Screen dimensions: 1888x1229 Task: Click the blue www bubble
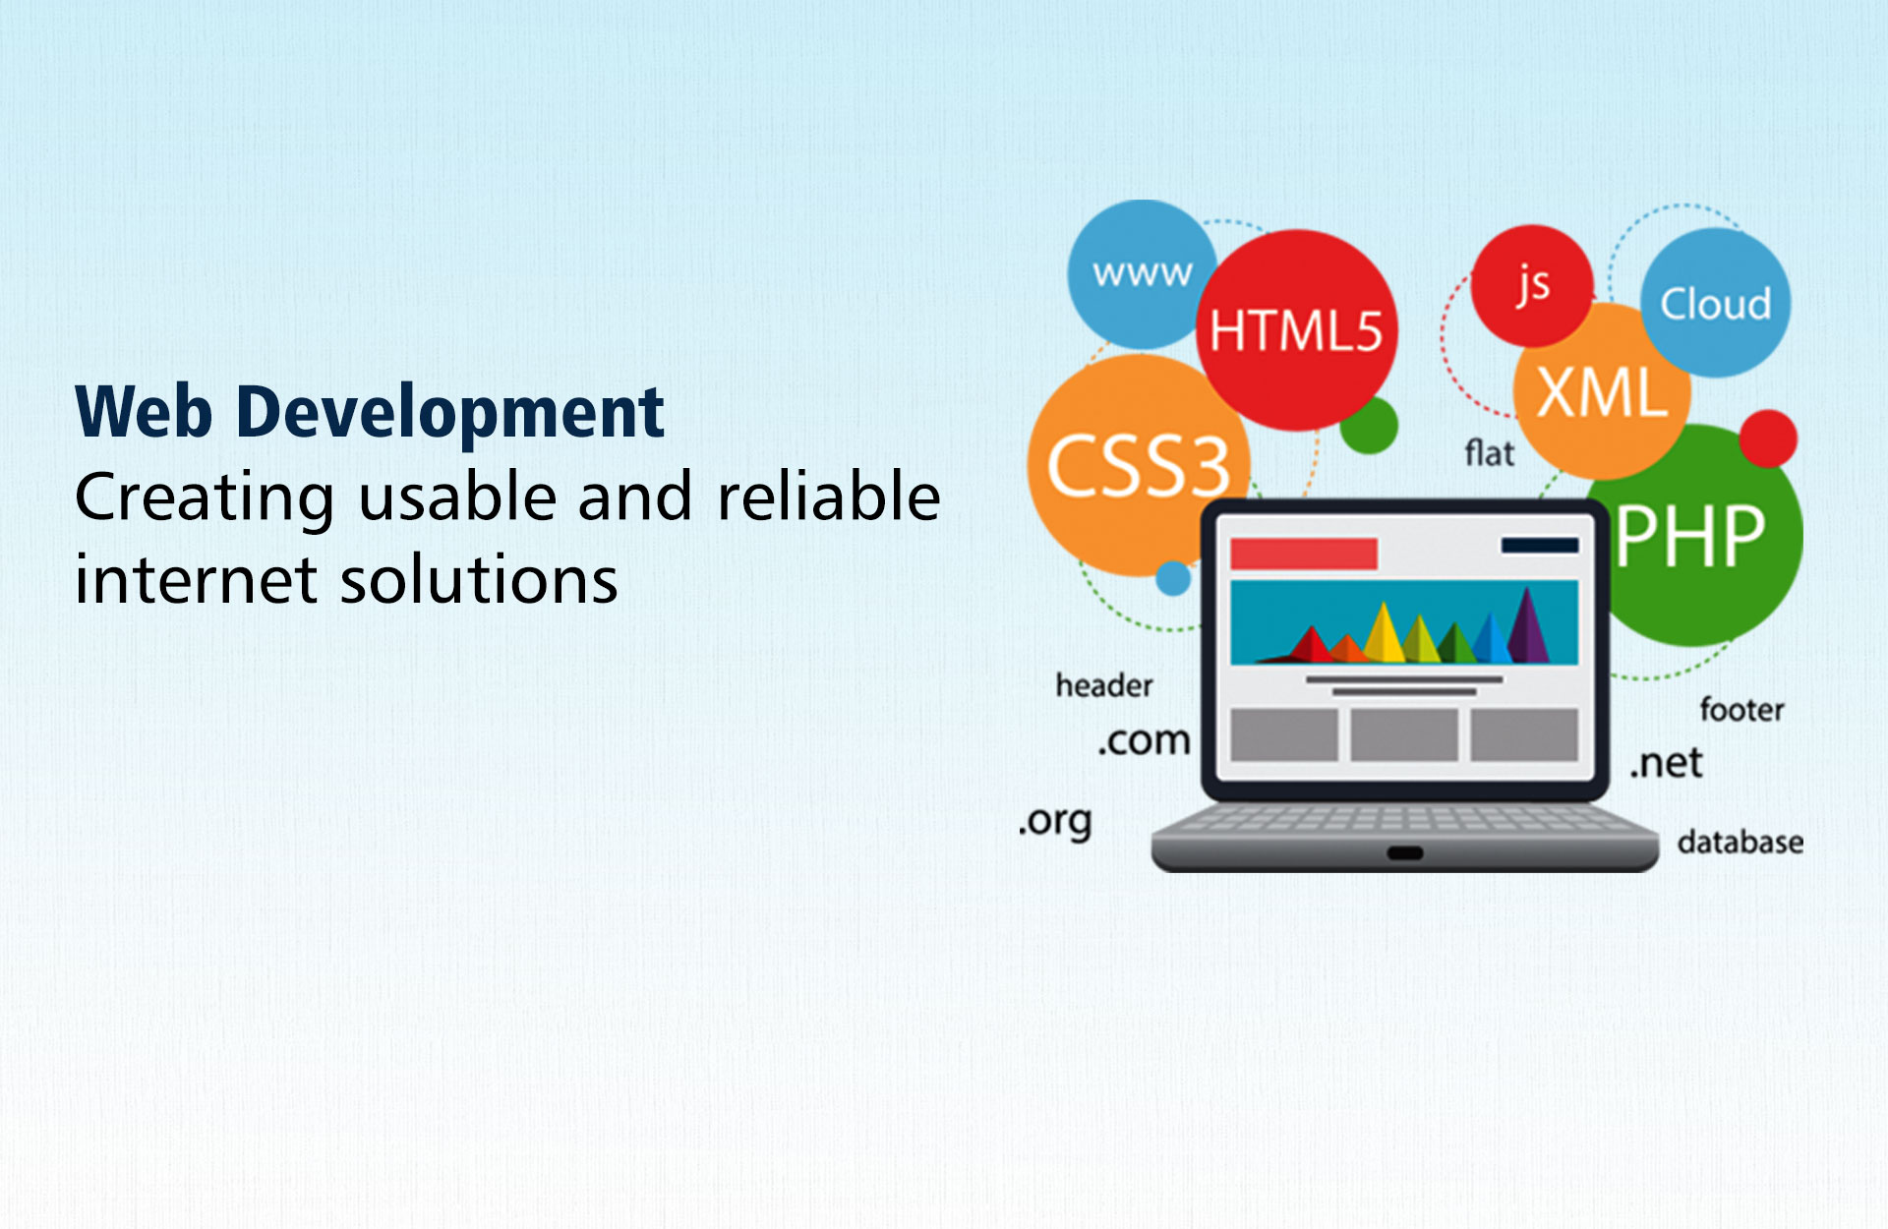[x=1141, y=274]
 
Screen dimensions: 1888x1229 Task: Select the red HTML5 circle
[x=1297, y=329]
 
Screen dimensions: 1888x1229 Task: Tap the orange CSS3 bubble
[x=1138, y=465]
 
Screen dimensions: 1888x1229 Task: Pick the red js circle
[x=1532, y=285]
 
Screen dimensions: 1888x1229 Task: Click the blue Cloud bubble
[x=1716, y=303]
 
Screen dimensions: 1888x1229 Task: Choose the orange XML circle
[x=1602, y=391]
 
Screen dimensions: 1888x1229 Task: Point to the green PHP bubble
[x=1693, y=536]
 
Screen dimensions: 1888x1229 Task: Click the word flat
[x=1490, y=453]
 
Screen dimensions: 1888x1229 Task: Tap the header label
[x=1104, y=685]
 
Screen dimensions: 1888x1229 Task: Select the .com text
[x=1144, y=739]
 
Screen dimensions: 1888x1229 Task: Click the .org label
[x=1055, y=822]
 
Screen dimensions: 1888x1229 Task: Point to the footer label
[x=1741, y=709]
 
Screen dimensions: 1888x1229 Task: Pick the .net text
[x=1667, y=762]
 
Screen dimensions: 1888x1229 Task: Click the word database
[x=1740, y=842]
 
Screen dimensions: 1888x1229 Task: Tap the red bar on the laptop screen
[x=1304, y=554]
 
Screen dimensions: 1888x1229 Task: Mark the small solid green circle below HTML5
[x=1369, y=425]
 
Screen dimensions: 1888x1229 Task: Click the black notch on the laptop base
[x=1405, y=852]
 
